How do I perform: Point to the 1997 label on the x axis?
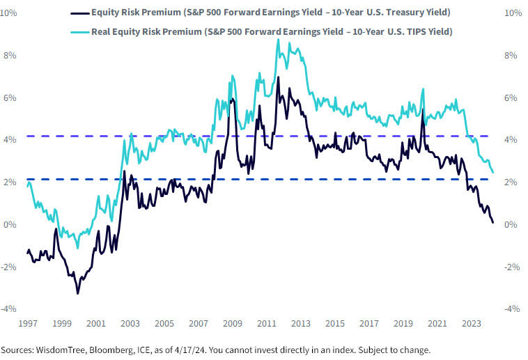[x=27, y=324]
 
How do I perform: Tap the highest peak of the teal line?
[x=278, y=40]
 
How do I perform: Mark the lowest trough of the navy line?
[x=77, y=293]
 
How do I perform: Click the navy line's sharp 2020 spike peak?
[x=422, y=109]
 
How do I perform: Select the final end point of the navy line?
[x=493, y=223]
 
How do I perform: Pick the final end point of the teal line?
[x=493, y=172]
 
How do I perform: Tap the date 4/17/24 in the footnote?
[x=193, y=350]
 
